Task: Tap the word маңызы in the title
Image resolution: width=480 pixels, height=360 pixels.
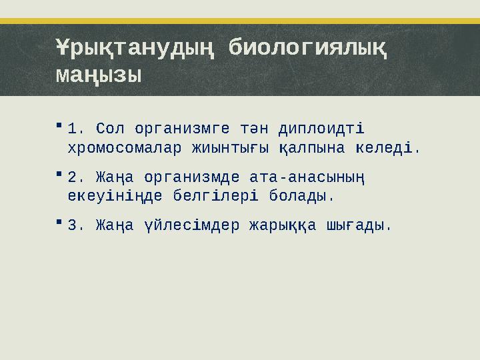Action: (98, 74)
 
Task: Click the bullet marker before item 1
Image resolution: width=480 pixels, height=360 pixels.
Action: (59, 125)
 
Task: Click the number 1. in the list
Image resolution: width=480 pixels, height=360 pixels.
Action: (77, 127)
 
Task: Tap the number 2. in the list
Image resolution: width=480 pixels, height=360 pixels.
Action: (77, 177)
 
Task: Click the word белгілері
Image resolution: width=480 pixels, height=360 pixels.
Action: (220, 197)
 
